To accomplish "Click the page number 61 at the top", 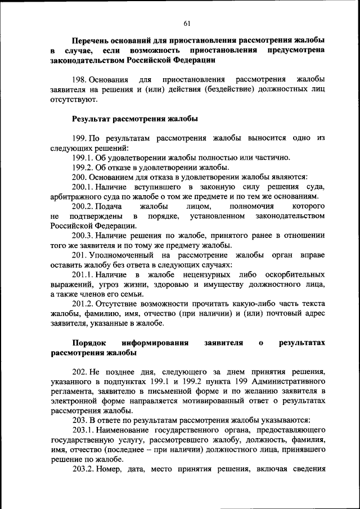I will (x=187, y=22).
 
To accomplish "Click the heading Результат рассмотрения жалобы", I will (x=135, y=119).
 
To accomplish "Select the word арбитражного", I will (x=75, y=196).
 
